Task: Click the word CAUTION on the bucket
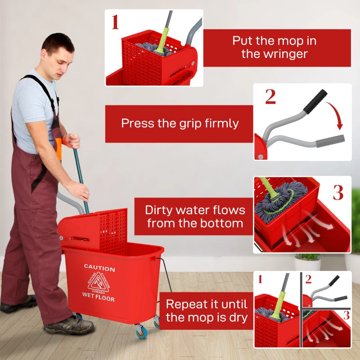click(99, 269)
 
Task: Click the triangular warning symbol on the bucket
click(98, 283)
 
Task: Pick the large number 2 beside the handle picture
click(270, 97)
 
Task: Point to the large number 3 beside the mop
click(338, 192)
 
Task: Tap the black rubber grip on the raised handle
click(315, 101)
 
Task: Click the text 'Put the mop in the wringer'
click(274, 47)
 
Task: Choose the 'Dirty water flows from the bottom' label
click(195, 216)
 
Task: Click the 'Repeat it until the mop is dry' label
click(207, 310)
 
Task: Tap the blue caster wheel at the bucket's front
click(141, 333)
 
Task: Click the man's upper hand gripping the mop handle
click(72, 140)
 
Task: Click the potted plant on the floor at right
click(308, 261)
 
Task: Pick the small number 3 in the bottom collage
click(346, 315)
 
